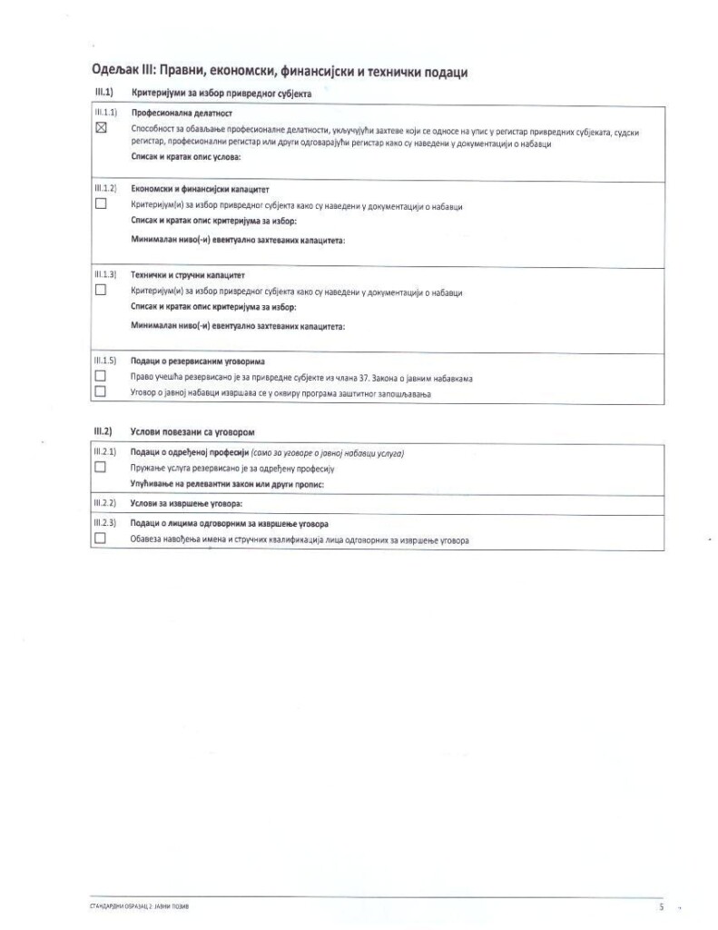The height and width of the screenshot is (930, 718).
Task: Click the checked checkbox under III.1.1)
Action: (101, 129)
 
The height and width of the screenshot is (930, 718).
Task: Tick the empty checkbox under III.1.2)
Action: (101, 204)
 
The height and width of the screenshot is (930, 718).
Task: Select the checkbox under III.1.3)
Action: (101, 291)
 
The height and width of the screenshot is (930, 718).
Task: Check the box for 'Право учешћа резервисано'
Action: (101, 376)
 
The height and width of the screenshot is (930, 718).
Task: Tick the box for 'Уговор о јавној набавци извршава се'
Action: (101, 391)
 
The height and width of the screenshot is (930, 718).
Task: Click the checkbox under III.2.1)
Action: (101, 467)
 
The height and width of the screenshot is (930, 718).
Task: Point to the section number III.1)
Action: (103, 93)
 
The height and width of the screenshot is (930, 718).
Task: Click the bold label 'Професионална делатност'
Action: (182, 114)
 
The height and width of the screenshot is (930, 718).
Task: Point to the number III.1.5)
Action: (105, 361)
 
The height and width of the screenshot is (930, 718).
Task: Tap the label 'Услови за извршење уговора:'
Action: (187, 503)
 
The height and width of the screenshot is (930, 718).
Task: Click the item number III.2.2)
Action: (105, 503)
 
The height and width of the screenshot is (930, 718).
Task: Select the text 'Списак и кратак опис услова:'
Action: (186, 158)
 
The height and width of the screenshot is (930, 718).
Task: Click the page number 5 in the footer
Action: (661, 906)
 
